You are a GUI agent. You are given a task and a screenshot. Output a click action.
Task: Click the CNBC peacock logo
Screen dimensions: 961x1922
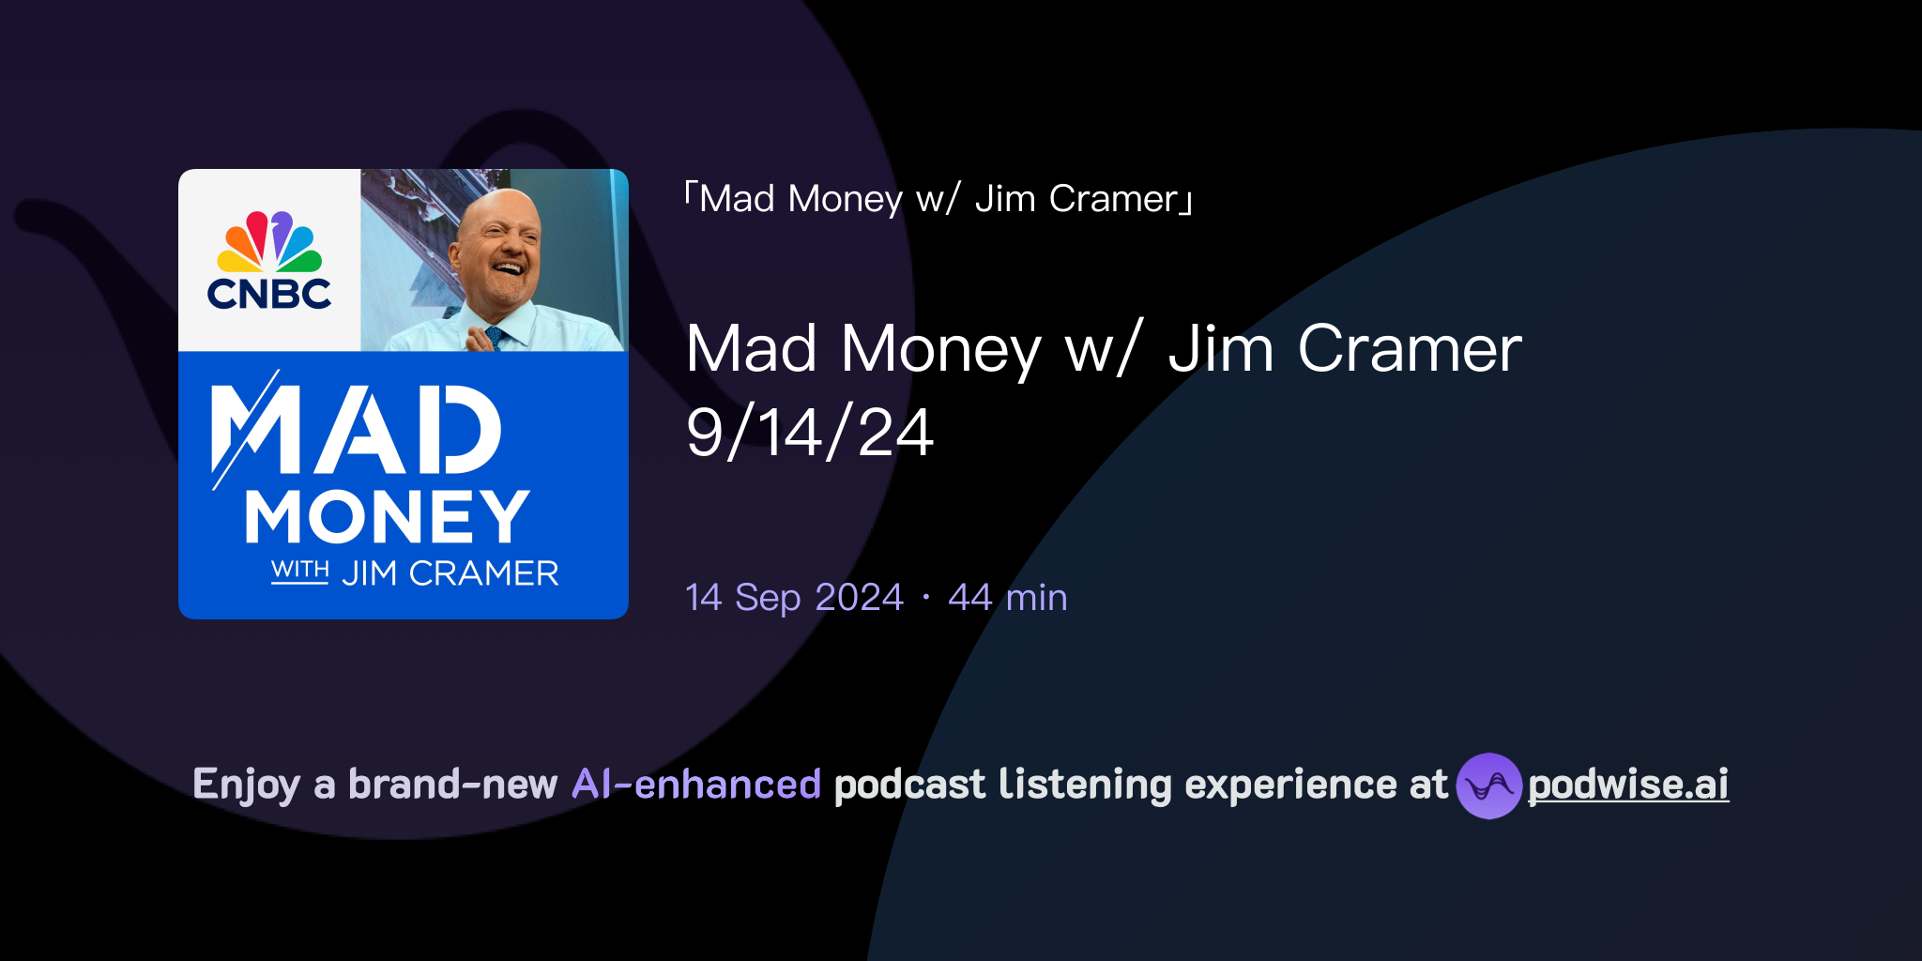269,242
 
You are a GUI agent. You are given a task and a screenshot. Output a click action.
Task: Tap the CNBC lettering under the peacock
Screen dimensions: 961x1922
269,294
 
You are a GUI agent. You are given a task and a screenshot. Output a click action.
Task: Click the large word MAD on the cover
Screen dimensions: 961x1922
357,430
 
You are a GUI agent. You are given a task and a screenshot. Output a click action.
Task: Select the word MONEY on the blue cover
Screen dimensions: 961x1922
388,516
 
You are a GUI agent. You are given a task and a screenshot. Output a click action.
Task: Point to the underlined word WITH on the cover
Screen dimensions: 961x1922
299,570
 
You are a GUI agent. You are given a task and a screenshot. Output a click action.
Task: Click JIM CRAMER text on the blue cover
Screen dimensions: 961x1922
450,573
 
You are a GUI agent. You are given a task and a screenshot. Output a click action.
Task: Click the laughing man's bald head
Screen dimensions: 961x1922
497,211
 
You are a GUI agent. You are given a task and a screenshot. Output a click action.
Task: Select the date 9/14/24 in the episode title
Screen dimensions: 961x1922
809,434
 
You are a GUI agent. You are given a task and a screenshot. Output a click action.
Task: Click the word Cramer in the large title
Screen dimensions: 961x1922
1410,349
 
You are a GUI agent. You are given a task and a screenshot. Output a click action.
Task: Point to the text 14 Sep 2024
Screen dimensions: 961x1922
794,598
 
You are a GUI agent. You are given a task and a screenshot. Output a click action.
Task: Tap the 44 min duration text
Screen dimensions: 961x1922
1007,598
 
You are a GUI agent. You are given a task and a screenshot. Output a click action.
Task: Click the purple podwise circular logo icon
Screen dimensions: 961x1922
1488,786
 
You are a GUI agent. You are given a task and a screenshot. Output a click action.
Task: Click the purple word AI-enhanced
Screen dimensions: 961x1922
696,785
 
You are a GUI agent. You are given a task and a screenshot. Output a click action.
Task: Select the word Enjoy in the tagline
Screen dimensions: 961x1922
247,785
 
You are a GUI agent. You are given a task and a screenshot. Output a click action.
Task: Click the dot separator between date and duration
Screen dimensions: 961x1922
926,598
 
